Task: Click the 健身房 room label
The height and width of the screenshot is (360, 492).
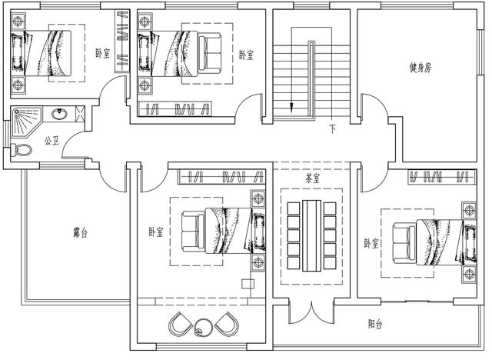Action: pyautogui.click(x=421, y=68)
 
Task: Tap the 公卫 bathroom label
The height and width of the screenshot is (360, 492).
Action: pyautogui.click(x=52, y=141)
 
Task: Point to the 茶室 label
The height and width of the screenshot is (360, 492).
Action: pyautogui.click(x=312, y=178)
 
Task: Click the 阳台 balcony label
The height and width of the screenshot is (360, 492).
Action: pyautogui.click(x=374, y=325)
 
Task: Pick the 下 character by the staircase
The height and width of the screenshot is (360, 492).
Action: pyautogui.click(x=332, y=128)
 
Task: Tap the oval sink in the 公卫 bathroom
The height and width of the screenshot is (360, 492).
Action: pyautogui.click(x=60, y=115)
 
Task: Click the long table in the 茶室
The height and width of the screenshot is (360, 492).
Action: pyautogui.click(x=312, y=235)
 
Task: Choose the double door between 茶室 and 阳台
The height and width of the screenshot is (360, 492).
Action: pyautogui.click(x=312, y=315)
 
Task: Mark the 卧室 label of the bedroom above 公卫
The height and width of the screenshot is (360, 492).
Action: pyautogui.click(x=101, y=53)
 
